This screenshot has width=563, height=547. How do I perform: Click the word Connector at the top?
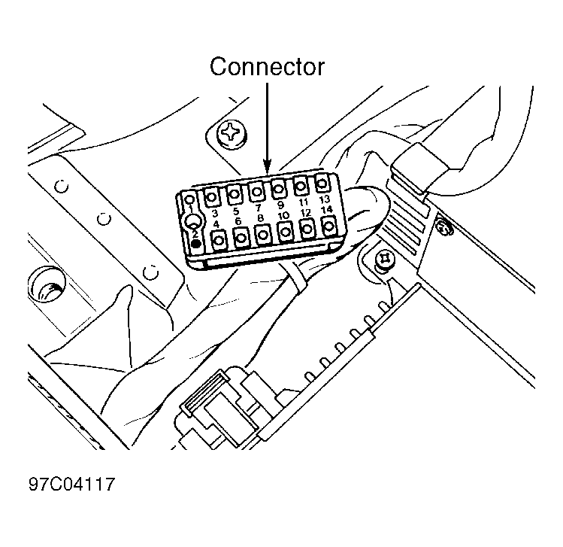pyautogui.click(x=267, y=67)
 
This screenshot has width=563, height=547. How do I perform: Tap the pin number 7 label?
pyautogui.click(x=258, y=208)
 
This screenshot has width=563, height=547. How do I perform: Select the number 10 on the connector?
pyautogui.click(x=283, y=216)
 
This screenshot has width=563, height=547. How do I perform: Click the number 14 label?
pyautogui.click(x=326, y=209)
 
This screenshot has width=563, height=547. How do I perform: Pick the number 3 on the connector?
pyautogui.click(x=215, y=214)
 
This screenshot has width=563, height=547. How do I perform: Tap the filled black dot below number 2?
pyautogui.click(x=196, y=244)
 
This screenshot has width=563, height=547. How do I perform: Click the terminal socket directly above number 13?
pyautogui.click(x=322, y=184)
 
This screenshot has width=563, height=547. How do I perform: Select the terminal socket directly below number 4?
pyautogui.click(x=219, y=239)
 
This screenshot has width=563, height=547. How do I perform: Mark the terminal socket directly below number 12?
pyautogui.click(x=307, y=228)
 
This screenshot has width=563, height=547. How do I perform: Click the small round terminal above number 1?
pyautogui.click(x=190, y=199)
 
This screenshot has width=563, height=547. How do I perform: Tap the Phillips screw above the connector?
pyautogui.click(x=232, y=133)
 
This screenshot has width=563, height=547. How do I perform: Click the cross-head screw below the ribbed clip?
pyautogui.click(x=386, y=260)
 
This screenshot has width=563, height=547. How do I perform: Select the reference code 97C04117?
pyautogui.click(x=72, y=484)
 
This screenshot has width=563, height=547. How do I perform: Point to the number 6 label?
pyautogui.click(x=238, y=221)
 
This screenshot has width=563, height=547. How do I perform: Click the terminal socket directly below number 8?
pyautogui.click(x=263, y=234)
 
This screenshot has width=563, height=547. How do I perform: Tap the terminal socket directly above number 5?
pyautogui.click(x=234, y=194)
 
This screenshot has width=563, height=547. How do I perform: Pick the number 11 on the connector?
pyautogui.click(x=304, y=202)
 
